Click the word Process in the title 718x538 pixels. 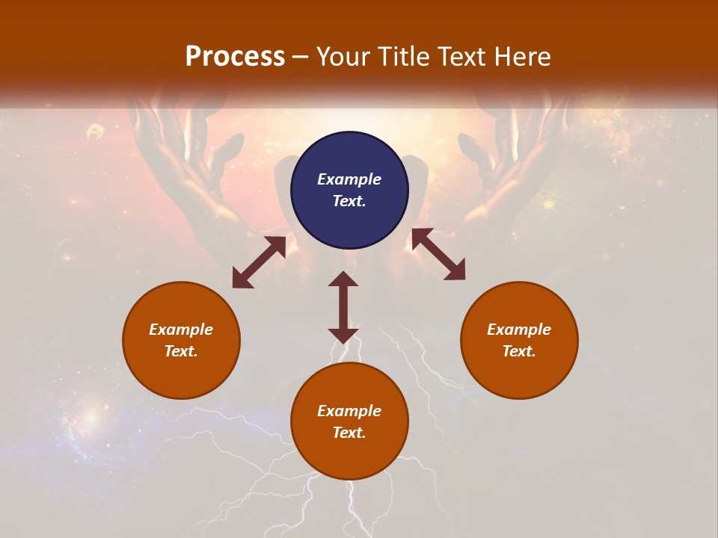(x=235, y=57)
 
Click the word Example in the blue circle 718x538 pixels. (x=349, y=179)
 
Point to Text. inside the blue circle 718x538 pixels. (x=349, y=201)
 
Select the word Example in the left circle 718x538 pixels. (x=181, y=330)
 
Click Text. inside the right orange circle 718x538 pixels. (x=519, y=351)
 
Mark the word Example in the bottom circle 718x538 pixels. (x=349, y=411)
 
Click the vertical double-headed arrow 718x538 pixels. (x=343, y=307)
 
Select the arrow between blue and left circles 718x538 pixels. (x=259, y=262)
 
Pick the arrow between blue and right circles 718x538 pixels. (x=438, y=255)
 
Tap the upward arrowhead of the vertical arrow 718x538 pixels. (x=343, y=279)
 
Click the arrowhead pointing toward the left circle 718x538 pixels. (x=242, y=279)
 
